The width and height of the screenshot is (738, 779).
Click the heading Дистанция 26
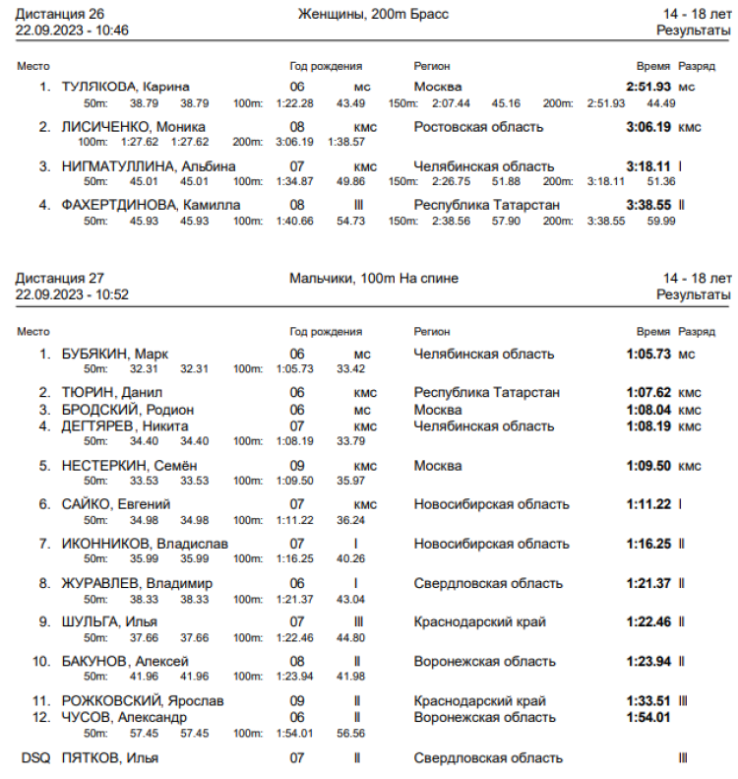click(61, 14)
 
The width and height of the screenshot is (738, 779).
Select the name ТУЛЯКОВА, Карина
click(125, 87)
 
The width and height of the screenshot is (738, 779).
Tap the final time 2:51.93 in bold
click(648, 87)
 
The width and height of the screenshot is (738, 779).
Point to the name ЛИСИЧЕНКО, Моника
click(133, 127)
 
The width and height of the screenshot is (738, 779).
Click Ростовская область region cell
click(478, 127)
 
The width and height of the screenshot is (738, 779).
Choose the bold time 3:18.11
click(648, 166)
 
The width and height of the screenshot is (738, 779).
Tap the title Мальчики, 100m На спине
click(374, 279)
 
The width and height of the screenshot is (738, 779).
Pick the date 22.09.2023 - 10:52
click(73, 294)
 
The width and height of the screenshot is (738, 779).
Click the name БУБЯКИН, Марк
click(114, 354)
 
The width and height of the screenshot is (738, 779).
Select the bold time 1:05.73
click(648, 354)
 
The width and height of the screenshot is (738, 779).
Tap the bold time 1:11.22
click(648, 504)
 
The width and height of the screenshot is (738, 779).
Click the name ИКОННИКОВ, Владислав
click(145, 544)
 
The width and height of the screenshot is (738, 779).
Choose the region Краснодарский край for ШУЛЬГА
click(480, 621)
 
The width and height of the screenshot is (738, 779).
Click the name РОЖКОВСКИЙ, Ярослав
click(142, 701)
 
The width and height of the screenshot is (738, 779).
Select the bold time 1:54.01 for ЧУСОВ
click(648, 717)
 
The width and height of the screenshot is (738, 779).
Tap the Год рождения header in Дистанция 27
click(326, 332)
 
